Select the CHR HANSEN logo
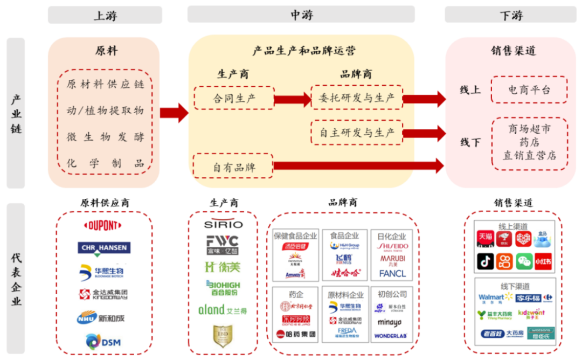103,248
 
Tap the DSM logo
103,341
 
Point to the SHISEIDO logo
392,247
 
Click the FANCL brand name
392,273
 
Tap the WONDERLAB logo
392,336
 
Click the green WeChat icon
523,261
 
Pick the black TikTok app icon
485,261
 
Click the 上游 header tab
105,15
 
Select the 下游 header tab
510,15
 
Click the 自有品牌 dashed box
233,167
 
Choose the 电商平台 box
529,90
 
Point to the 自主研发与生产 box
357,132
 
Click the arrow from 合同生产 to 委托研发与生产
292,99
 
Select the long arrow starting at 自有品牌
358,166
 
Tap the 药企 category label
295,294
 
